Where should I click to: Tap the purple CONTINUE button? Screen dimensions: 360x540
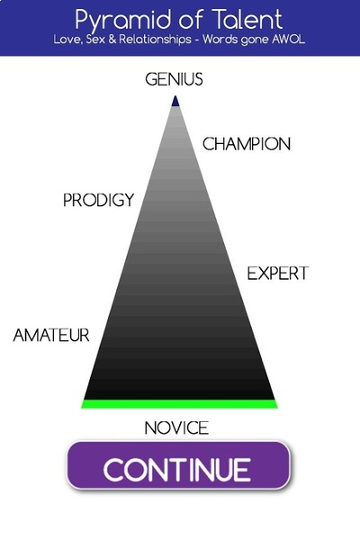point(178,465)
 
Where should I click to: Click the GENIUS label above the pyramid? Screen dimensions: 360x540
point(174,79)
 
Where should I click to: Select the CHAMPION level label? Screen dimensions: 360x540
point(247,144)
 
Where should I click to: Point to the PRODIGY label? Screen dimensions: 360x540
point(98,200)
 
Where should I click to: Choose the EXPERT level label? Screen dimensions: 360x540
point(278,274)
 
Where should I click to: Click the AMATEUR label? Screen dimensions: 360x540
point(51,335)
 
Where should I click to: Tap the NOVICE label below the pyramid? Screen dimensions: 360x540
point(176,428)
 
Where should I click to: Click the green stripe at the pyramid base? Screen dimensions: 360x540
point(179,404)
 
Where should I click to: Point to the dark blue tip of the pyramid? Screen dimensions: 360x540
point(175,101)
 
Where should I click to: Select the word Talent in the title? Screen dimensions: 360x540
point(247,19)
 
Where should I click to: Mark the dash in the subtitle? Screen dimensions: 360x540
point(197,40)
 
